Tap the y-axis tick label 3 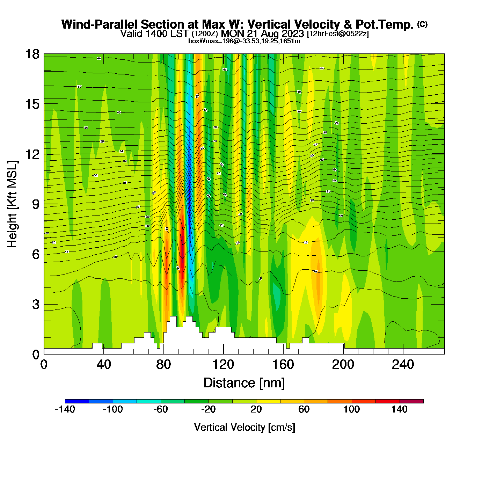[x=36, y=304]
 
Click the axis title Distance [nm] [x=244, y=383]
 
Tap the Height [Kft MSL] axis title [x=12, y=204]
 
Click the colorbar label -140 [x=65, y=409]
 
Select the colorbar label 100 [x=351, y=409]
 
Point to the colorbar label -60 [x=161, y=409]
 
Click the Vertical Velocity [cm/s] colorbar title [x=244, y=427]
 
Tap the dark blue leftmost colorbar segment [x=77, y=401]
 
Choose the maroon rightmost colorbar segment [x=411, y=401]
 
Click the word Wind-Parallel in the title [x=100, y=24]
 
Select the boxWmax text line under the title [x=244, y=41]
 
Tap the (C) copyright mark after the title [x=422, y=24]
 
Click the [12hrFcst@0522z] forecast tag [x=337, y=34]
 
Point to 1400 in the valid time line [x=154, y=34]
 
